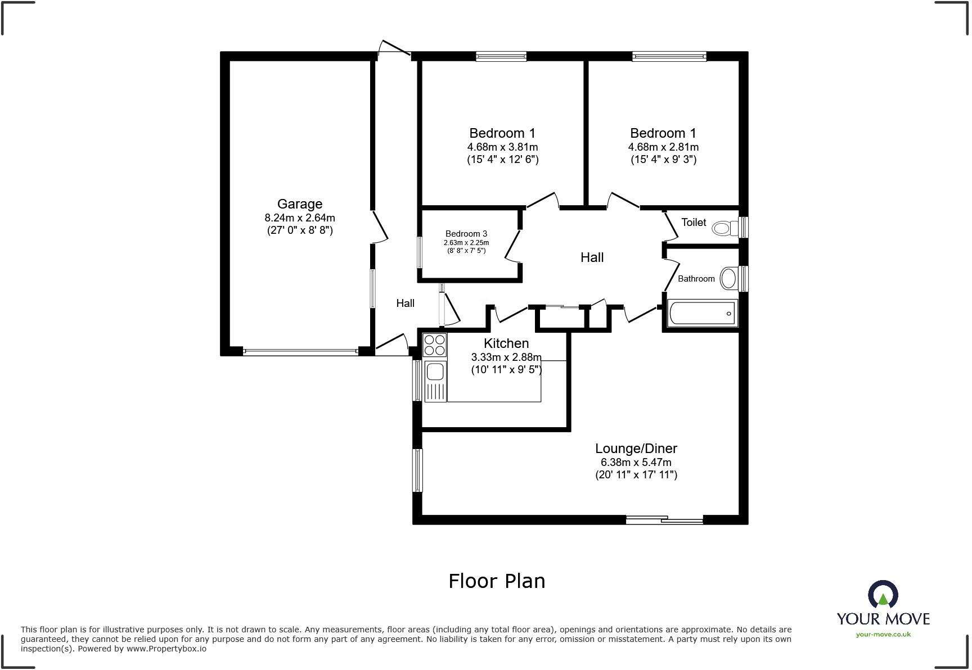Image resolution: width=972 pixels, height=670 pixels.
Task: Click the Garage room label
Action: (x=299, y=204)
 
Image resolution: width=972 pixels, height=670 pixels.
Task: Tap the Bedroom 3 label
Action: (x=466, y=234)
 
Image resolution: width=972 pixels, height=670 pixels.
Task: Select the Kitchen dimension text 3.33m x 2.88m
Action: (x=506, y=357)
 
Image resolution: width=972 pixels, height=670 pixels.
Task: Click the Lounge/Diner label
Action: (x=636, y=449)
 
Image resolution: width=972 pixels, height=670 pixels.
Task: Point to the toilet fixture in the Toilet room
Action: (x=725, y=228)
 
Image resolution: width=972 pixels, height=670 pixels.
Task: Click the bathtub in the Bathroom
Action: (x=702, y=313)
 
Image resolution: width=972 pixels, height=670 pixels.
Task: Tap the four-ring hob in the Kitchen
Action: (x=434, y=345)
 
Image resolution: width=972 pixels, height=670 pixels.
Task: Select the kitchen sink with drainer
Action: (x=435, y=381)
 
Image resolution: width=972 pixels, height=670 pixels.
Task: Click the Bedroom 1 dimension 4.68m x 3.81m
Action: (x=502, y=147)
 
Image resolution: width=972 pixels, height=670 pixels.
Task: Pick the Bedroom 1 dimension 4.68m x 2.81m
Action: (x=663, y=147)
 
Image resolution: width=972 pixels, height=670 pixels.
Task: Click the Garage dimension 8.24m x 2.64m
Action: (x=299, y=218)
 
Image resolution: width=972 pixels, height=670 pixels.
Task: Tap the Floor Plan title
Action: (x=497, y=581)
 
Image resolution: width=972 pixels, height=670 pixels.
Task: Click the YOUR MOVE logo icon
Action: (x=883, y=595)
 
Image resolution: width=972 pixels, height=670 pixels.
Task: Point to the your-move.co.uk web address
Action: (x=883, y=635)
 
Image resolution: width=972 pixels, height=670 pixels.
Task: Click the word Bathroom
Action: (x=696, y=279)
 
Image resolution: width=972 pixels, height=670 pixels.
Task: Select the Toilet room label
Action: (x=694, y=223)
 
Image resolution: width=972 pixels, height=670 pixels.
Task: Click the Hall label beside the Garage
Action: (x=405, y=304)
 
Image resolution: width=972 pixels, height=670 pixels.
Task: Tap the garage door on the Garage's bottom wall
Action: (x=300, y=352)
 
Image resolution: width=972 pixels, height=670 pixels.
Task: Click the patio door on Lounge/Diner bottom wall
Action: (x=664, y=520)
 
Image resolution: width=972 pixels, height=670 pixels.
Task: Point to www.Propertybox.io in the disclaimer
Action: (x=166, y=649)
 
